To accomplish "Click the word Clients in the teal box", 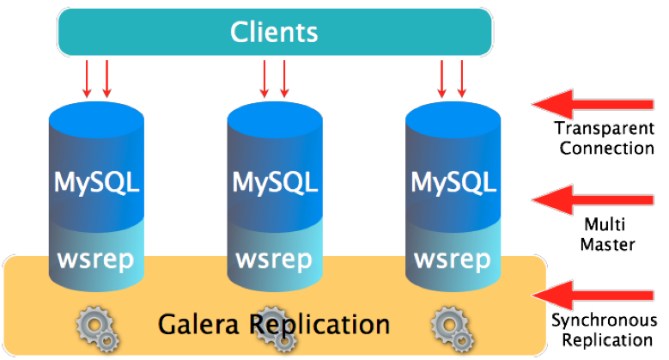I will point(274,32).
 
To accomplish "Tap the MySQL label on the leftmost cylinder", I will point(96,182).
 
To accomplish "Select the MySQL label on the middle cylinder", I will point(274,182).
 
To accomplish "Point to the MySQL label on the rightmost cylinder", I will point(453,182).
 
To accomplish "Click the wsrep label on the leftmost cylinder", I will point(96,259).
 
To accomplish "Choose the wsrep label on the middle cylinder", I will point(274,259).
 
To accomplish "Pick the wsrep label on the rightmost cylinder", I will point(453,259).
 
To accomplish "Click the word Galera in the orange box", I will point(199,324).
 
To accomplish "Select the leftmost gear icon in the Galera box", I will point(94,326).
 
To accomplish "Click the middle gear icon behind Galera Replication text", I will point(272,326).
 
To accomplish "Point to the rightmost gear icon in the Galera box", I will point(450,326).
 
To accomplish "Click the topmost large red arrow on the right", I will point(593,104).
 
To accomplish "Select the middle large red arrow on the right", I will point(593,199).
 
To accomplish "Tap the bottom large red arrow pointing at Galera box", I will point(593,293).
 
